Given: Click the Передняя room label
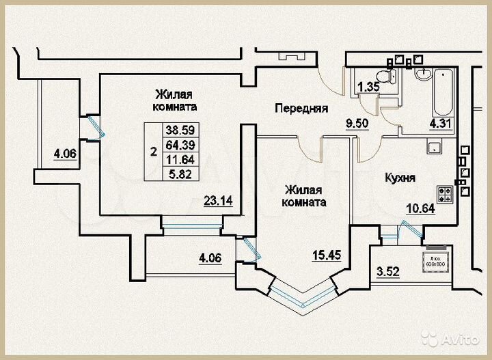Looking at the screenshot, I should [x=301, y=108].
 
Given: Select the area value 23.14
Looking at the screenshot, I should [x=218, y=200].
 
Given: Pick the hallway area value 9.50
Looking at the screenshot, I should [x=358, y=124].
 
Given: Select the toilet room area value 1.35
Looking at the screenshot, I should [x=369, y=87].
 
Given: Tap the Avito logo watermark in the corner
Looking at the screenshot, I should [x=450, y=337].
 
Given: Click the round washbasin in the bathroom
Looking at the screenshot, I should [x=422, y=74].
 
